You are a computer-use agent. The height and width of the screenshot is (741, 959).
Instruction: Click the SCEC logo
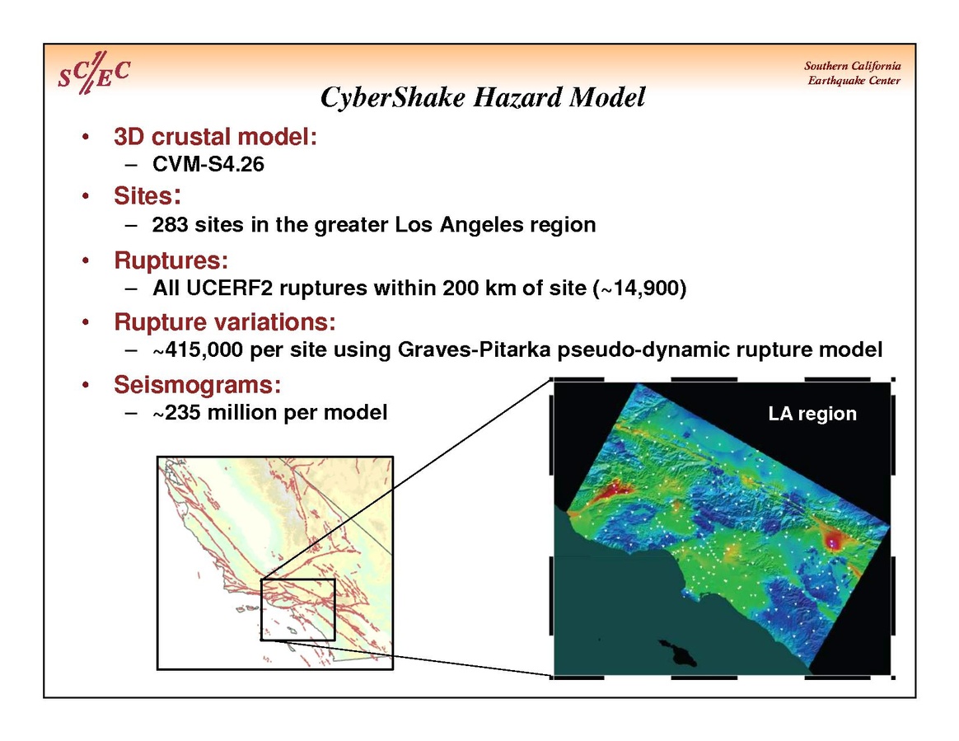tap(94, 73)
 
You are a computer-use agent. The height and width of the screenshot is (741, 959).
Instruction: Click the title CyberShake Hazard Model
tap(483, 97)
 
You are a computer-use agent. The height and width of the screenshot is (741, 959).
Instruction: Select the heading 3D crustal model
tap(215, 137)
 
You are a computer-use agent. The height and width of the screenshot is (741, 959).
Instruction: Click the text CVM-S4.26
tap(208, 164)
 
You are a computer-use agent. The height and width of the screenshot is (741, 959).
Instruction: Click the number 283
tap(170, 224)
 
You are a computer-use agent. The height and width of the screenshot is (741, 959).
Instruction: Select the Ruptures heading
tap(171, 260)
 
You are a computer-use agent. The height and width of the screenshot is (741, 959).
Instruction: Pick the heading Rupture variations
tap(224, 321)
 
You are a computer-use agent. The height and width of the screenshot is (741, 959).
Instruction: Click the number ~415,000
tap(199, 349)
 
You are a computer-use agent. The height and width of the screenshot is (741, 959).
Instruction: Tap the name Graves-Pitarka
tap(474, 349)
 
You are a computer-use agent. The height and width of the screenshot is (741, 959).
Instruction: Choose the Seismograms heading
tap(197, 385)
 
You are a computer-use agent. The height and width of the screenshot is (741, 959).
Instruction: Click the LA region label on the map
tap(812, 414)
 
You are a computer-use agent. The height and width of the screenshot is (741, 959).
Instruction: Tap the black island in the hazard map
tap(679, 653)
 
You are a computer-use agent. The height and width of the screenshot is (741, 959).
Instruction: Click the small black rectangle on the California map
tap(298, 609)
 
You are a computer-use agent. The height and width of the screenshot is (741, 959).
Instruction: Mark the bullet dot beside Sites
tap(86, 196)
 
